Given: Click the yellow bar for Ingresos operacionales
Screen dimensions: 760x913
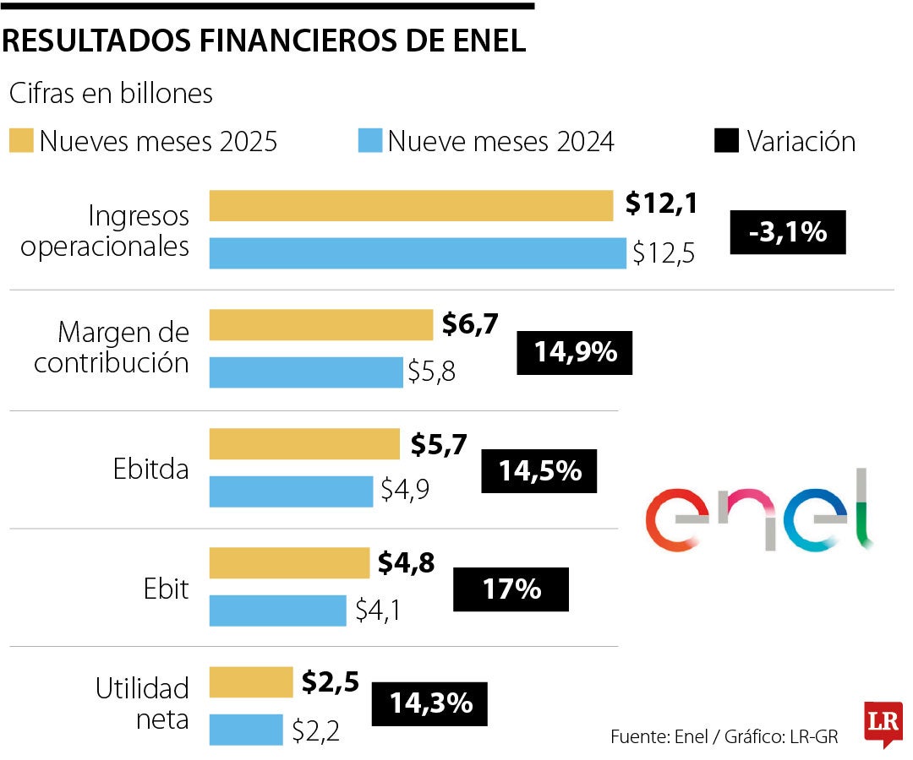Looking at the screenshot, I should point(411,205).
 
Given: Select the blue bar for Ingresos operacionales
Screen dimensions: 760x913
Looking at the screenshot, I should point(418,252).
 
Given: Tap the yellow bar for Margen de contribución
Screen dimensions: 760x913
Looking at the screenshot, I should point(321,324).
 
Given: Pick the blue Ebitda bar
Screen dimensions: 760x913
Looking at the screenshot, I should point(291,491).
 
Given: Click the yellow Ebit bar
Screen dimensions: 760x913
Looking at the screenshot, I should point(289,562).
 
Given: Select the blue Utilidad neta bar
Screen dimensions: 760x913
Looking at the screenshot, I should point(246,730).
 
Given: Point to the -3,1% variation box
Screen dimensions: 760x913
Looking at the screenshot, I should point(787,231).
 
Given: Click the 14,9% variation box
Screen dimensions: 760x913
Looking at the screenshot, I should point(575,352).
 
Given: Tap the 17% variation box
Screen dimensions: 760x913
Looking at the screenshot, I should point(511,589).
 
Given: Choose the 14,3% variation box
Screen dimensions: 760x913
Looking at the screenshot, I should point(430,703).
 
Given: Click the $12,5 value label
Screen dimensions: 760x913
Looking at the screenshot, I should point(663,253).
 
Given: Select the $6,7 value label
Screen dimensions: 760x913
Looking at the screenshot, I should point(470,323).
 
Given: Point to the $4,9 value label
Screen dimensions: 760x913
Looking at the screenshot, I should point(406,491).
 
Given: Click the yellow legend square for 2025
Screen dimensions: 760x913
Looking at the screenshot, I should point(23,141).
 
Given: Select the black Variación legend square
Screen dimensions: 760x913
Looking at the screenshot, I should point(726,141).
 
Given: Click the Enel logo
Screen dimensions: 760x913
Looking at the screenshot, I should point(758,511).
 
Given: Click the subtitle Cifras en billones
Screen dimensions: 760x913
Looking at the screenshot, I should point(111,94).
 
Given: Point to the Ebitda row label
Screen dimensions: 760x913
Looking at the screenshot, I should point(151,470).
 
